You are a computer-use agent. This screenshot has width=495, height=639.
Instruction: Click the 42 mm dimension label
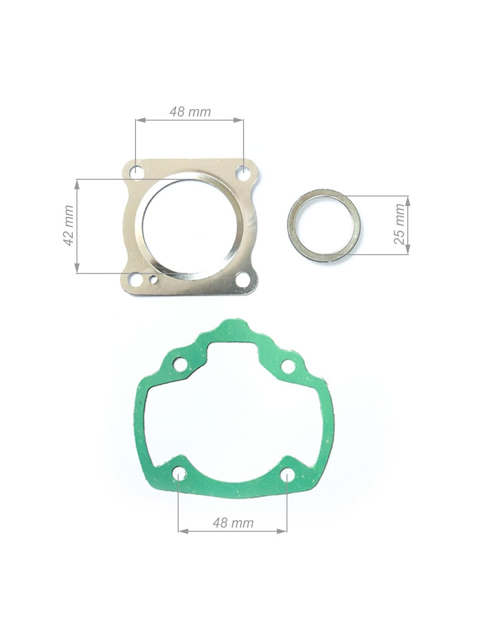pyautogui.click(x=68, y=225)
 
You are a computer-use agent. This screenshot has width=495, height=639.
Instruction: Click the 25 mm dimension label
pyautogui.click(x=399, y=224)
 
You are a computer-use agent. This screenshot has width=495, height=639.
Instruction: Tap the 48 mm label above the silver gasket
pyautogui.click(x=190, y=112)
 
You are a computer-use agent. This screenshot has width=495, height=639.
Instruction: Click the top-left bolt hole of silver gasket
pyautogui.click(x=137, y=171)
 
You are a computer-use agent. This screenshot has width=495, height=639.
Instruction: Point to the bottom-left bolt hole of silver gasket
pyautogui.click(x=136, y=280)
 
